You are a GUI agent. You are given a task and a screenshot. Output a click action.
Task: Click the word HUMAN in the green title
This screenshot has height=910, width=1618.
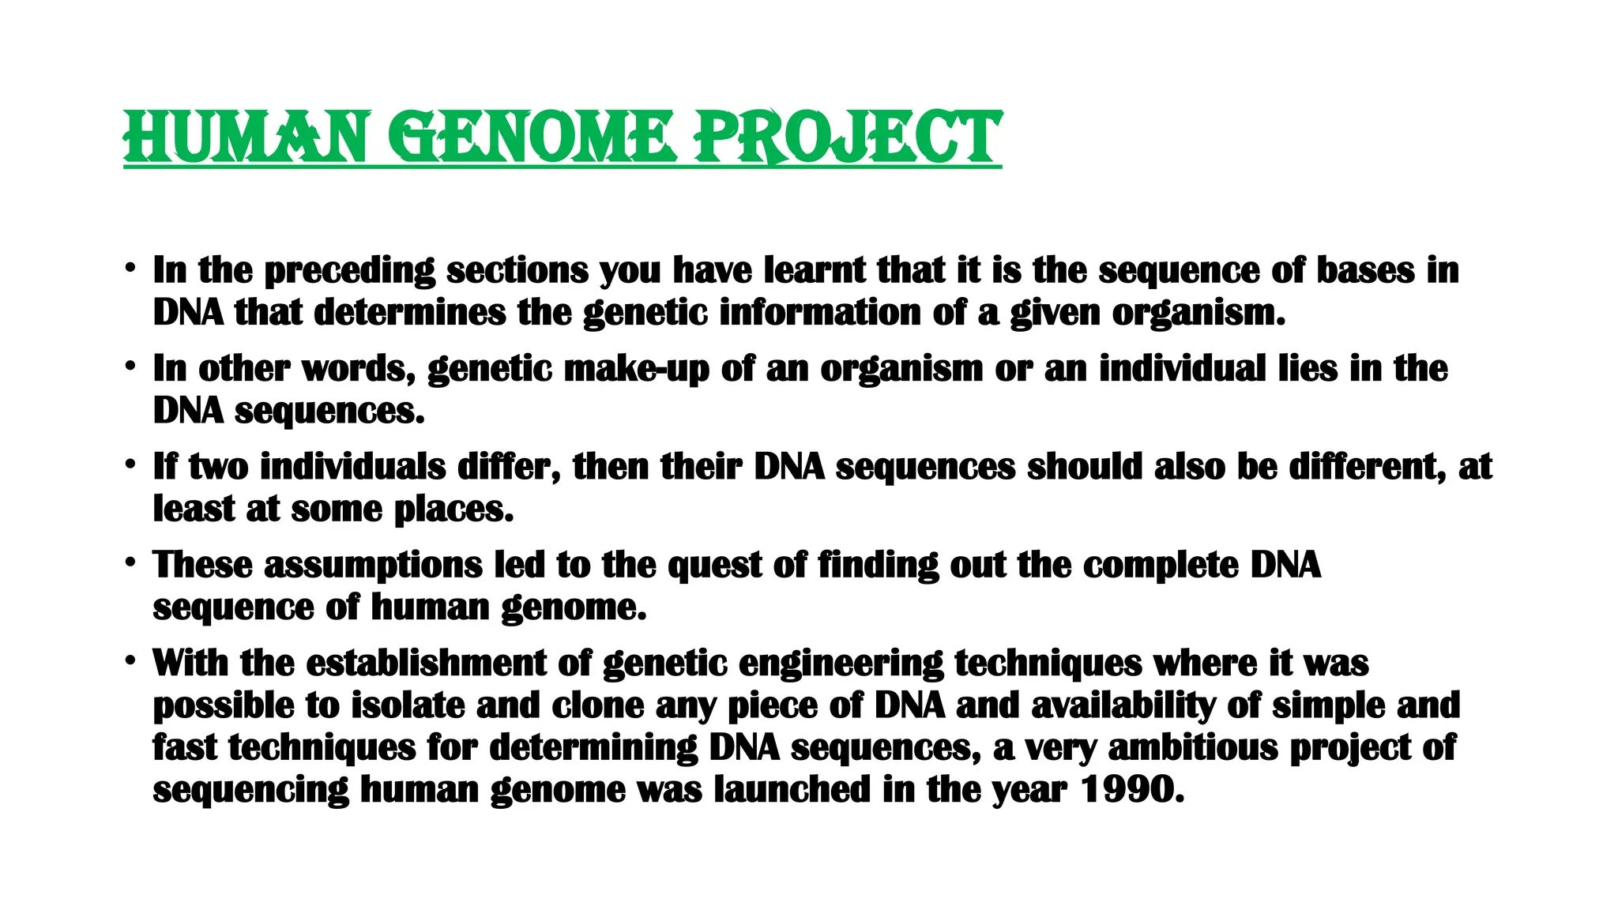pos(245,137)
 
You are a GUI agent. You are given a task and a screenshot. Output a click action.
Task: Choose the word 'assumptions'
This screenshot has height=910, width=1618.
pos(373,566)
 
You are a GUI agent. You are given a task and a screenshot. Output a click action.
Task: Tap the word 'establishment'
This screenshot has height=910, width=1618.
pos(426,663)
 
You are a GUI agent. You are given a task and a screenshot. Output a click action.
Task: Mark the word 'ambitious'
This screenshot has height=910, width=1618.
pos(1192,747)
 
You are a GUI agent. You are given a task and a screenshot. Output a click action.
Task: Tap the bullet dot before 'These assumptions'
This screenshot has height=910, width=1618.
pos(130,564)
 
